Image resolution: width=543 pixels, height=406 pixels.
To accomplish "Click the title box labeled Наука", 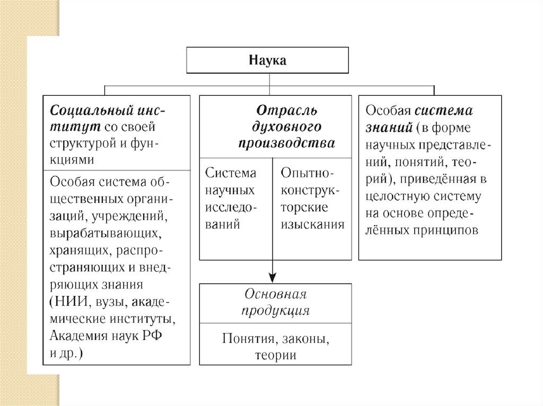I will (x=267, y=60).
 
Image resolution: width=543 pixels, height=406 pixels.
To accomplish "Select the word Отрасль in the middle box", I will (x=287, y=111).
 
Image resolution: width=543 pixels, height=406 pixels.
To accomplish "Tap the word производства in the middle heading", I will (x=287, y=143).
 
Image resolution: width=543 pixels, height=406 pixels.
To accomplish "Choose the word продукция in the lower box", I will (x=275, y=311).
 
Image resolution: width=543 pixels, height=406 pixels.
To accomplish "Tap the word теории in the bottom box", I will (x=275, y=355).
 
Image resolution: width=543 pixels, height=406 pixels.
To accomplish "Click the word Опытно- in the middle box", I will (x=308, y=173).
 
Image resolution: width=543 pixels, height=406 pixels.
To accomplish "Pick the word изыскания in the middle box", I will (x=313, y=224).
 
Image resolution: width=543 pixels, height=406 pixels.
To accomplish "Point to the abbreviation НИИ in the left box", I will (x=72, y=302).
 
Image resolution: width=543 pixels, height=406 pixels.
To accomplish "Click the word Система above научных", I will (x=231, y=173).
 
